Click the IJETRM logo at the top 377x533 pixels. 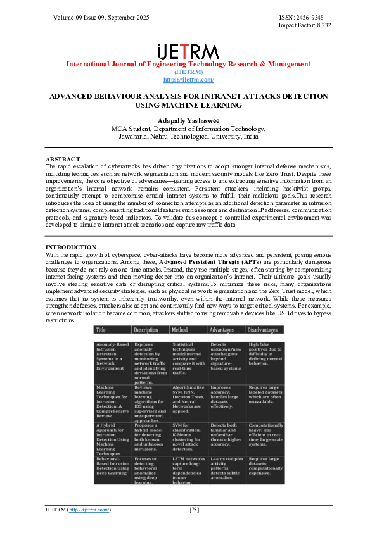click(188, 52)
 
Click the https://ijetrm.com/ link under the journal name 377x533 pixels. click(188, 80)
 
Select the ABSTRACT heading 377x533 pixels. click(63, 159)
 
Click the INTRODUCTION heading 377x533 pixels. click(71, 247)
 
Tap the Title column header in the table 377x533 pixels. click(101, 330)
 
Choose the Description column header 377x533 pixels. click(146, 330)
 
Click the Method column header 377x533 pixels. click(180, 330)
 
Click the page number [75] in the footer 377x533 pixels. click(195, 510)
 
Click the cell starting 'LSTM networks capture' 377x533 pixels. click(188, 470)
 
